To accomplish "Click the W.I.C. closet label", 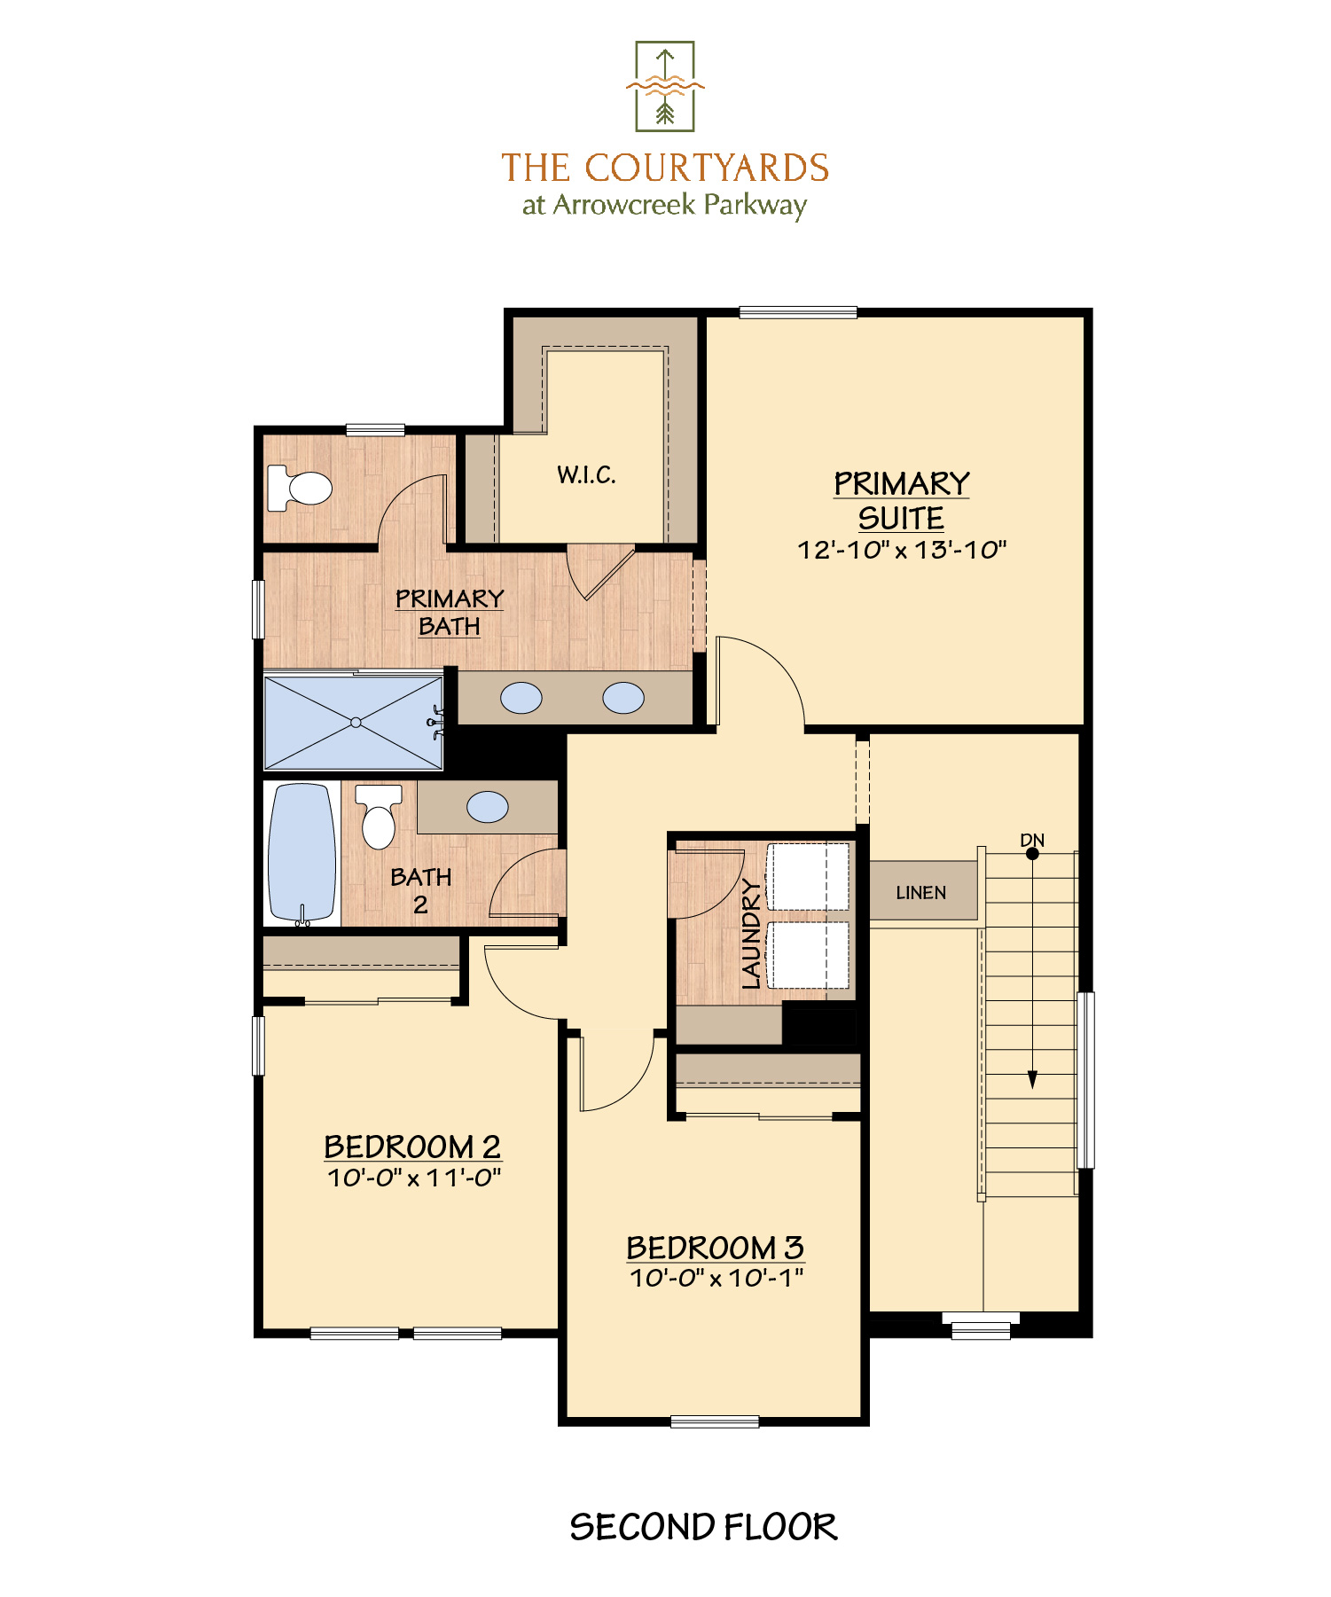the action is pos(586,475).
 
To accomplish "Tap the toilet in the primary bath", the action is pos(299,488).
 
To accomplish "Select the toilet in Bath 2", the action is pos(379,816).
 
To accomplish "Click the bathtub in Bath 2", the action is pos(301,854).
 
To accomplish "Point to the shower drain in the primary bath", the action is pos(356,723).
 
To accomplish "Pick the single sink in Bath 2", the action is pos(487,807).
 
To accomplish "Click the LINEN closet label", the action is pos(920,893).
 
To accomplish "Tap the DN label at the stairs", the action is pos(1032,840).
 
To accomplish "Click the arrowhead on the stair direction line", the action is pos(1032,1079).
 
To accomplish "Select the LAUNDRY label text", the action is pos(751,934).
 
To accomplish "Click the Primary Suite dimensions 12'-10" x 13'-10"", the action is pos(902,550).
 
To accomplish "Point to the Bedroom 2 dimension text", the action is pos(414,1178).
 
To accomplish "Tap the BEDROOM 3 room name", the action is pos(715,1248).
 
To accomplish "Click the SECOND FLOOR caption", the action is pos(703,1527).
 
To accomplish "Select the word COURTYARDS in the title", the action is pos(707,168).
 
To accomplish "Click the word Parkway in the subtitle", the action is pos(756,206).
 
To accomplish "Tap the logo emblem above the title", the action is pos(665,86).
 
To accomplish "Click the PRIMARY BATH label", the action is pos(450,612).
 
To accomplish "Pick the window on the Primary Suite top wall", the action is pos(798,312).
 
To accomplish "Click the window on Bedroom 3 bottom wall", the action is pos(715,1422).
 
